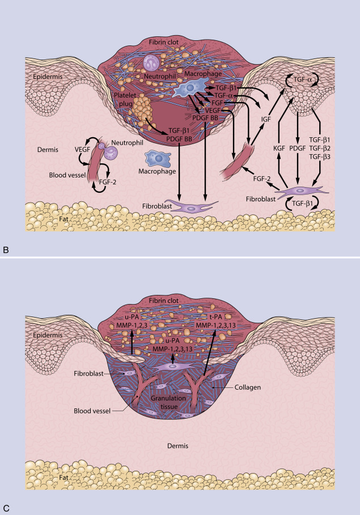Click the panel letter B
coord(6,249)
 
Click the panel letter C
coord(6,507)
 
